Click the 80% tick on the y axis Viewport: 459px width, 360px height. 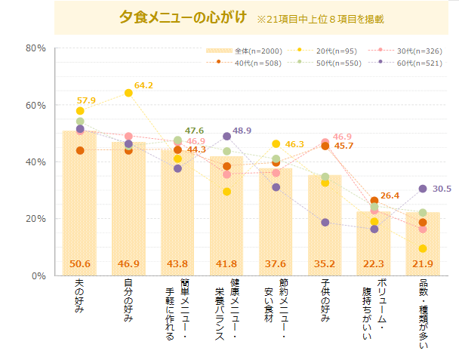coord(35,48)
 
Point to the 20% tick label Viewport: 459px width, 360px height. coord(35,219)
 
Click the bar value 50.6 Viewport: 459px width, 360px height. coord(80,263)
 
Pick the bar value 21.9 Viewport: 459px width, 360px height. coord(423,263)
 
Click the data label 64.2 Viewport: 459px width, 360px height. coord(143,85)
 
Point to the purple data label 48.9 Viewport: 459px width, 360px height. coord(242,131)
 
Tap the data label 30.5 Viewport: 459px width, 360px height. coord(442,189)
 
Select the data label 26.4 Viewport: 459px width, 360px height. coord(390,195)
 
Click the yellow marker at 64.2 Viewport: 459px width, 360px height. coord(128,93)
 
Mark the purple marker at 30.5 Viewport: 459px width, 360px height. coord(423,189)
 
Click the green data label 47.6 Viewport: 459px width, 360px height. coord(195,131)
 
